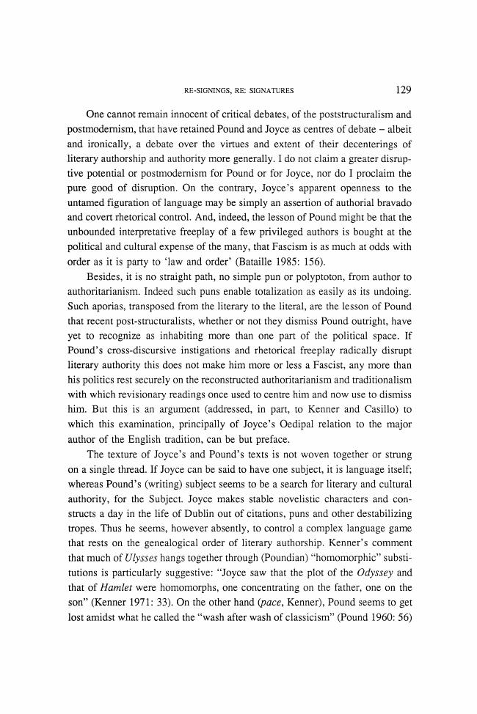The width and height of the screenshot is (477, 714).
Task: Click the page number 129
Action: pyautogui.click(x=402, y=91)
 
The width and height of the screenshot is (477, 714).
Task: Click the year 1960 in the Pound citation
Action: pyautogui.click(x=391, y=622)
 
